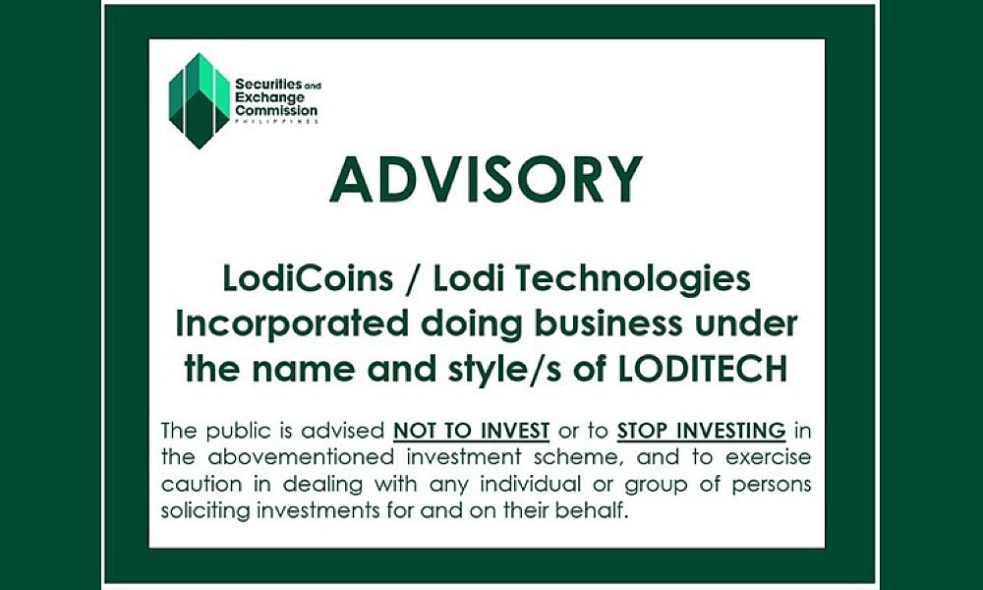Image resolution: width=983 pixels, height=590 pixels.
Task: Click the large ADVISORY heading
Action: (x=486, y=180)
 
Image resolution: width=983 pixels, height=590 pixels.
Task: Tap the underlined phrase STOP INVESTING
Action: (x=701, y=431)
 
